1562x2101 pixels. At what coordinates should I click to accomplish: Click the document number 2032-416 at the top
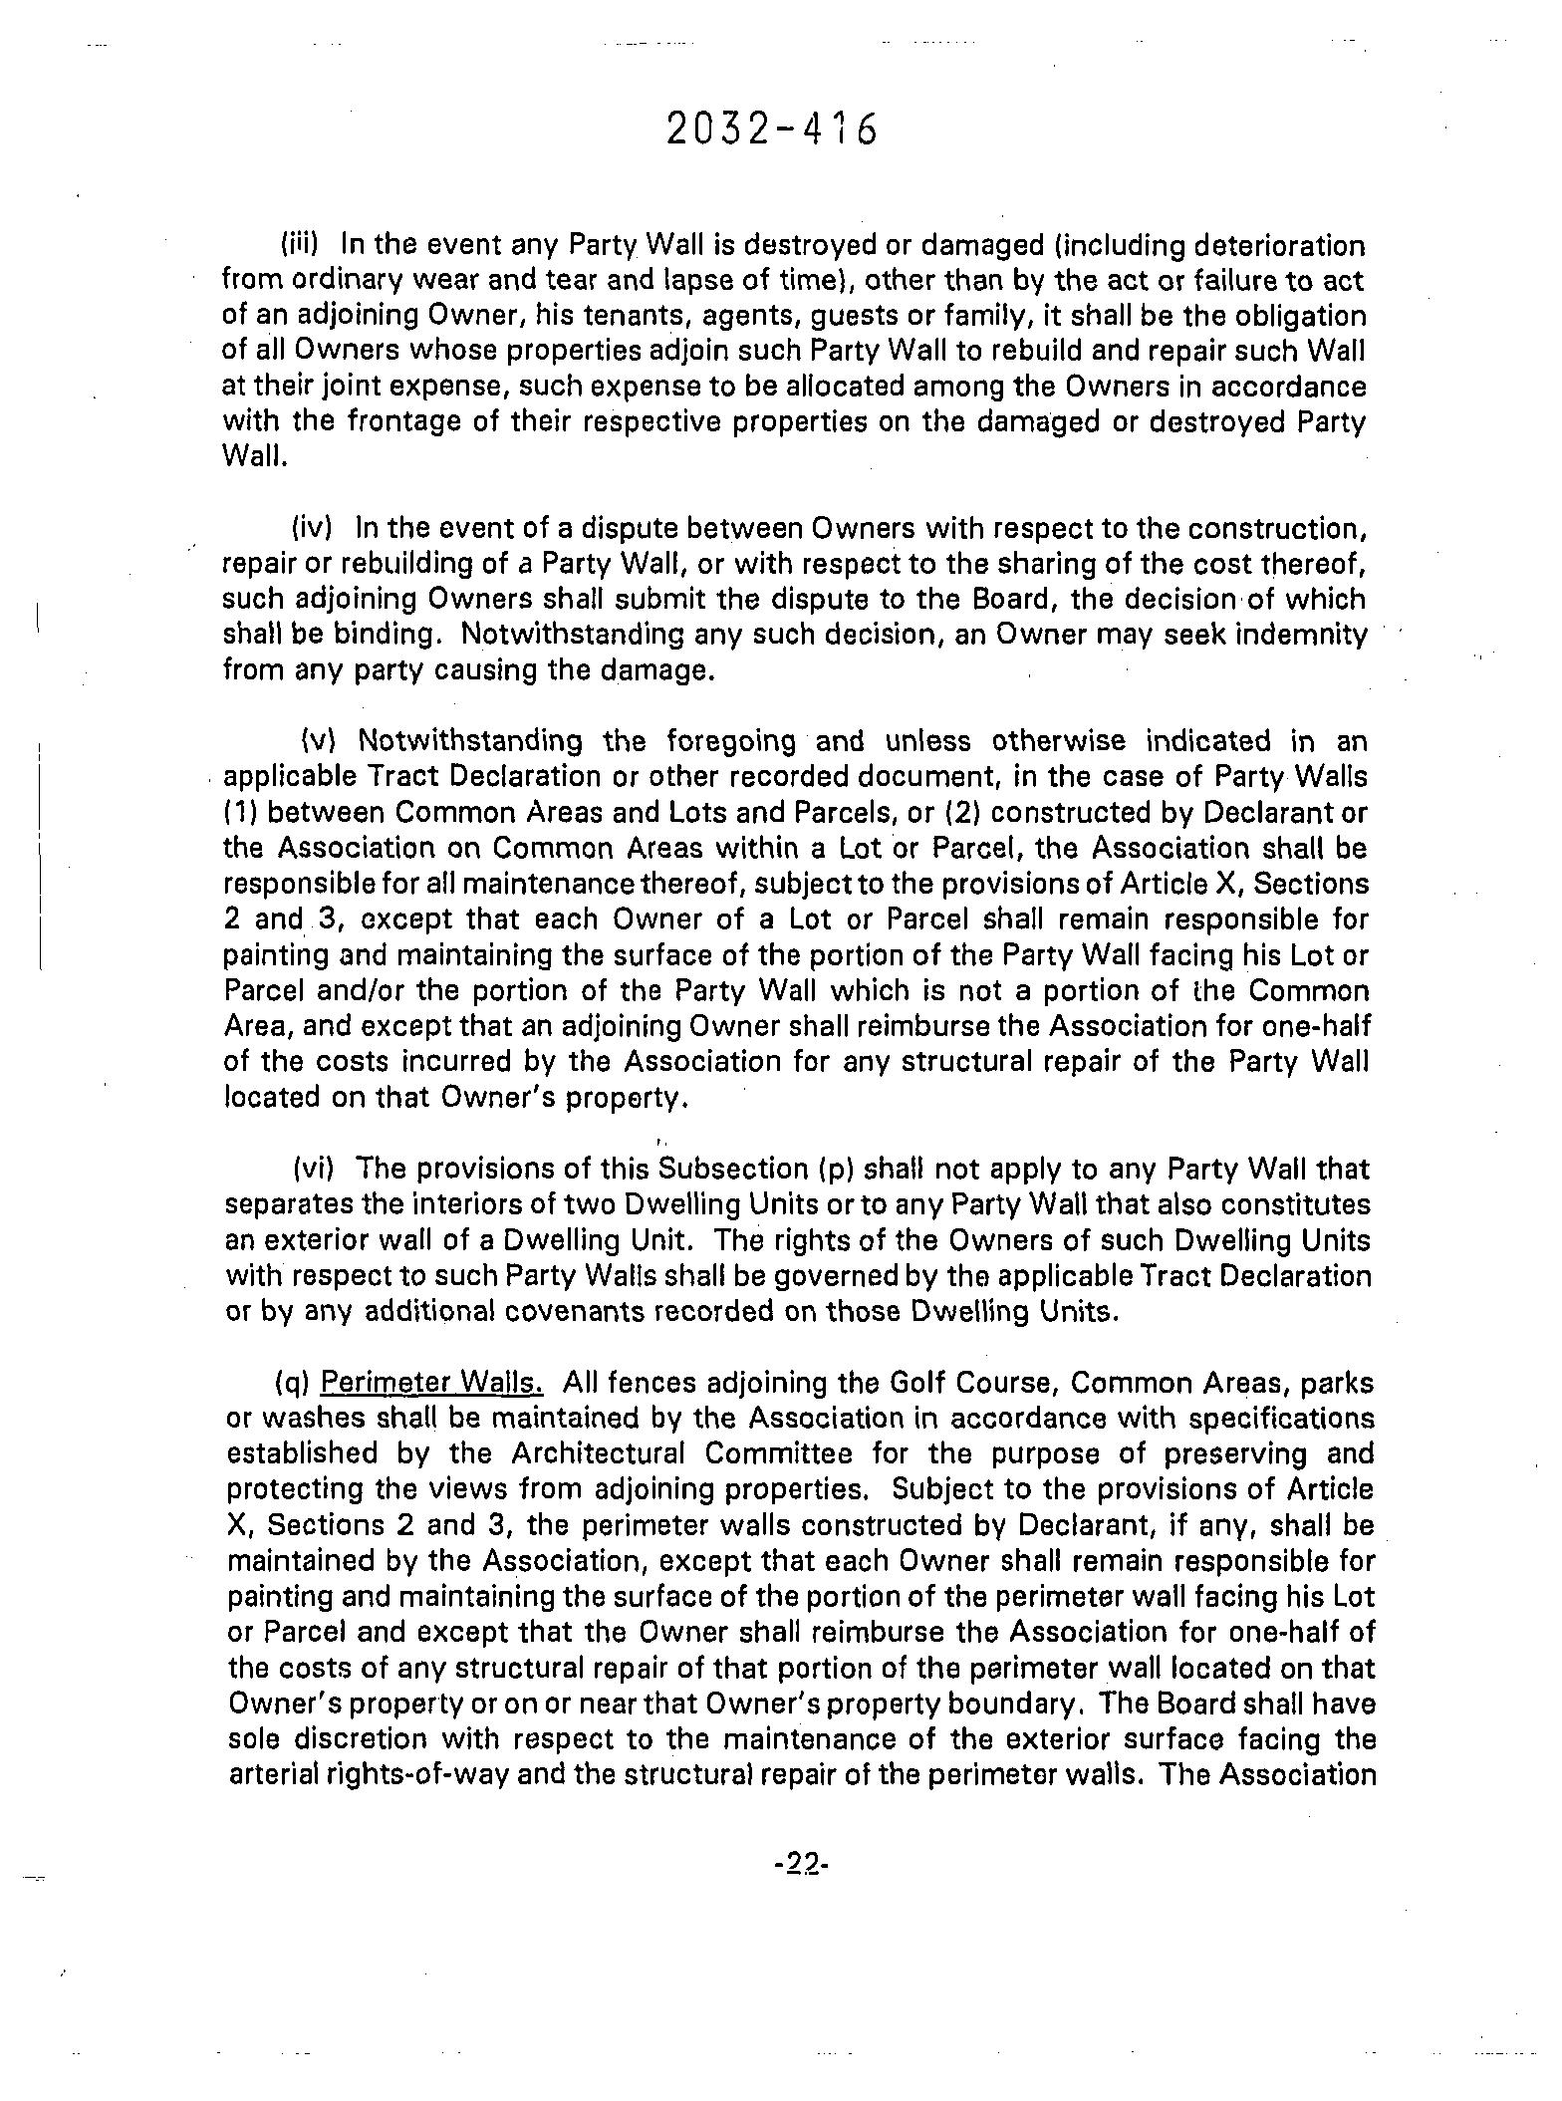(x=772, y=130)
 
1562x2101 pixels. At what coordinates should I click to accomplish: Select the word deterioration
(x=1279, y=244)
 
